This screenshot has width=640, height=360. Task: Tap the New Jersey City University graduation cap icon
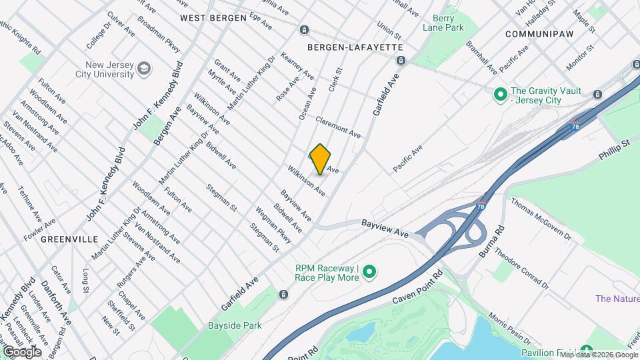point(143,69)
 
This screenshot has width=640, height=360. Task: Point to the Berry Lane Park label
point(443,23)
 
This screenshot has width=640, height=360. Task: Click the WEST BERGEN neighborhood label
point(213,17)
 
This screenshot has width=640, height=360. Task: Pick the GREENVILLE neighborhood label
point(69,239)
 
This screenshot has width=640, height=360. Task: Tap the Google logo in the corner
point(22,351)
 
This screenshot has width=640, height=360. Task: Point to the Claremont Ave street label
point(338,127)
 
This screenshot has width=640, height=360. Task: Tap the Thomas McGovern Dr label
point(541,219)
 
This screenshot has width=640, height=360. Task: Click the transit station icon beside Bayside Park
point(284,295)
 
